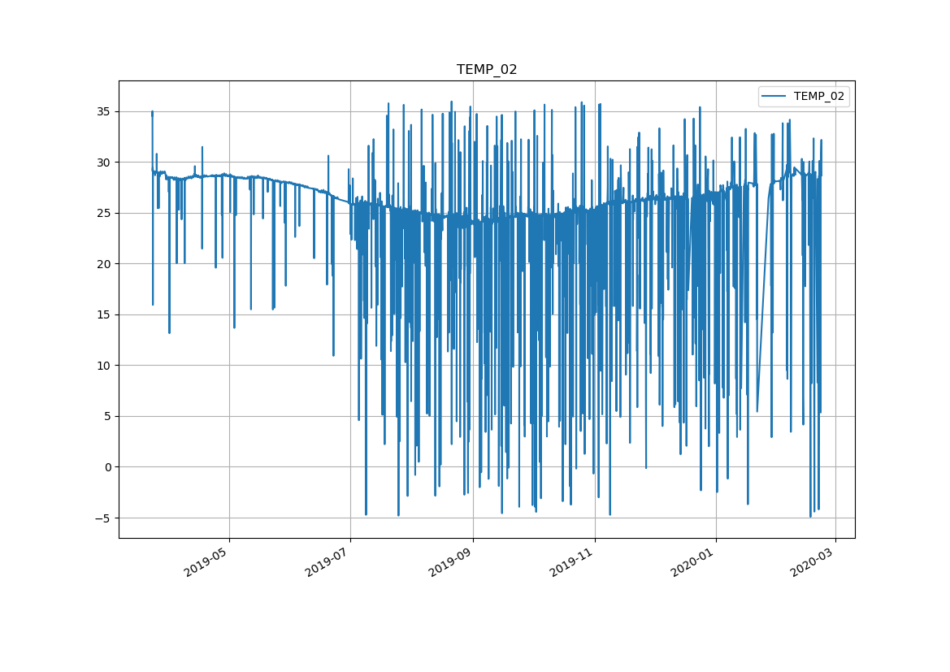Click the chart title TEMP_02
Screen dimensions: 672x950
click(487, 70)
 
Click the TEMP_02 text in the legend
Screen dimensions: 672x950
click(818, 96)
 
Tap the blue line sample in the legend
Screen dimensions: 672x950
click(774, 96)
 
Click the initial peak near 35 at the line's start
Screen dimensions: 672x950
click(152, 113)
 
